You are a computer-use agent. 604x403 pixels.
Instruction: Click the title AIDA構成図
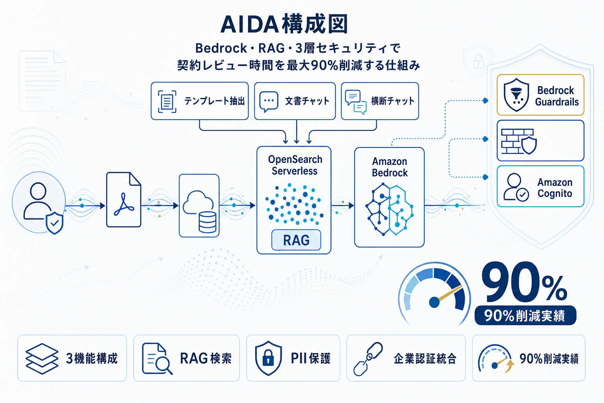point(284,24)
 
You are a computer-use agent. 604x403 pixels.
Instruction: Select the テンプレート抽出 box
point(200,101)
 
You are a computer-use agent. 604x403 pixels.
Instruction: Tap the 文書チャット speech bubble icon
point(269,102)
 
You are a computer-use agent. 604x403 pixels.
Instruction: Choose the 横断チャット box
point(380,101)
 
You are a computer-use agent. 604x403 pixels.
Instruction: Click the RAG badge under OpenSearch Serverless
point(296,240)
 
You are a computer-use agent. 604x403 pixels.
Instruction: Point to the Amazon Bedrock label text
point(390,167)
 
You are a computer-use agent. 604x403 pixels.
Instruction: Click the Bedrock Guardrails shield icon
point(516,95)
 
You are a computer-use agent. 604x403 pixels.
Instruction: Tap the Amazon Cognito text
point(554,188)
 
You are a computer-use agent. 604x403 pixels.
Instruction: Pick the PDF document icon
point(123,200)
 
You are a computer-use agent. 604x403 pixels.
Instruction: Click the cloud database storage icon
point(199,205)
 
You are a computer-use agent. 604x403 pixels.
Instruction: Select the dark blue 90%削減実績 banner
point(525,316)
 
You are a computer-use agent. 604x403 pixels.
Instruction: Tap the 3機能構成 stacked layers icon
point(41,358)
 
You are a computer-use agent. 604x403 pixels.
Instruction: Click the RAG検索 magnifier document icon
point(157,359)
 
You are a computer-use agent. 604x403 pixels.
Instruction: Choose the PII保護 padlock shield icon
point(269,358)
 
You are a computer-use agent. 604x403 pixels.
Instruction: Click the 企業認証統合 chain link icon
point(368,358)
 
